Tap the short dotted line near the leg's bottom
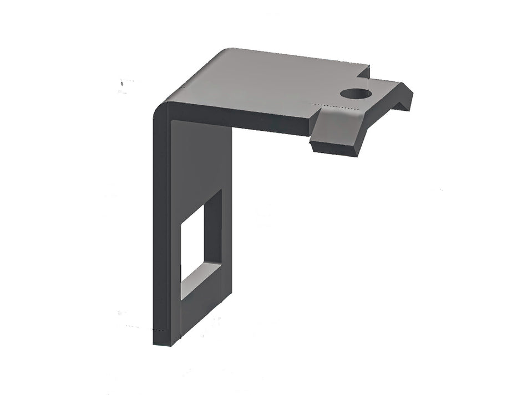[x=160, y=330]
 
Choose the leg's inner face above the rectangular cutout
[x=200, y=161]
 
